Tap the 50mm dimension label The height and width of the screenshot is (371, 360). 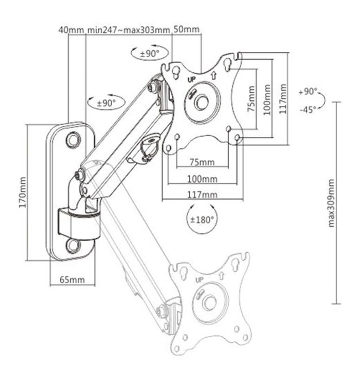click(x=186, y=30)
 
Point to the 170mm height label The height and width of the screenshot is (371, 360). click(x=22, y=191)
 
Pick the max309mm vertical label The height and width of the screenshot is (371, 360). click(x=331, y=203)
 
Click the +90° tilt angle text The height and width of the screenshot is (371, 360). click(x=307, y=91)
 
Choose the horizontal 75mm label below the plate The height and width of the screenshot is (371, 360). click(x=202, y=162)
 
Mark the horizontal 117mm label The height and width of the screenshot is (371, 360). click(x=202, y=194)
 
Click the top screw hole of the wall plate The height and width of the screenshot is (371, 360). click(x=73, y=139)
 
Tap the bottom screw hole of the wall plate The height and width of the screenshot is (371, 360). click(x=73, y=245)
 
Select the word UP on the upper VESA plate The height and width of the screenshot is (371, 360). click(x=191, y=79)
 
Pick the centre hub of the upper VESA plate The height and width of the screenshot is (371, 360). click(x=202, y=102)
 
